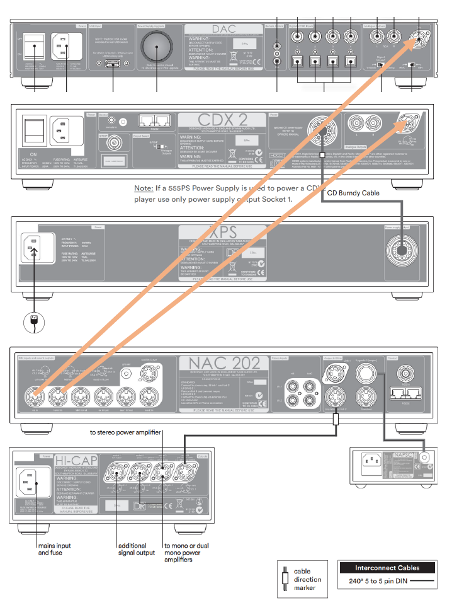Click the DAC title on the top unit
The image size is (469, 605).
tap(224, 30)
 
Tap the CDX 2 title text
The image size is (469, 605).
tap(220, 120)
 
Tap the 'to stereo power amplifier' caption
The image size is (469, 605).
tap(125, 432)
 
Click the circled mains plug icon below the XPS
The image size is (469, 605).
tap(34, 321)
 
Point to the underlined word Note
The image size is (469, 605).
tap(144, 188)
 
